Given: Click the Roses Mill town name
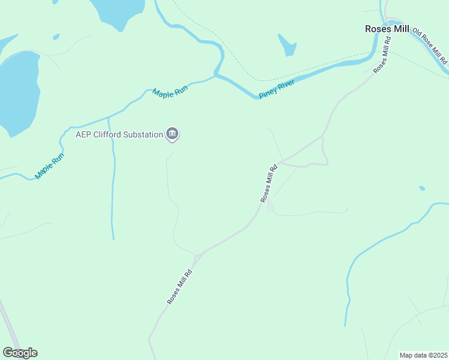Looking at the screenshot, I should coord(387,29).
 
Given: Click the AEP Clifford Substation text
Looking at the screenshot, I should coord(119,134).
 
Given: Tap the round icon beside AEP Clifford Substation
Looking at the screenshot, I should coord(172,134).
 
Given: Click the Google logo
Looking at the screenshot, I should coord(20,353).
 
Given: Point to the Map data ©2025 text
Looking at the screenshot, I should coord(423,355).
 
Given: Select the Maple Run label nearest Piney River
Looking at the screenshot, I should coord(170,93).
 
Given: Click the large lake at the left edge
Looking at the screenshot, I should coord(18,90).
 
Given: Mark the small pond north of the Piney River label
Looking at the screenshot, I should coord(288,44).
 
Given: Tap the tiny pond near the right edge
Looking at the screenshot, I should coord(422,188).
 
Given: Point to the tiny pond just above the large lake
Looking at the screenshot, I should coord(56,37).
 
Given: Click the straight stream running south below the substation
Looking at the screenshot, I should coord(112,192).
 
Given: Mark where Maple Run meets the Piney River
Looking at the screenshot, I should coord(216,76).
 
